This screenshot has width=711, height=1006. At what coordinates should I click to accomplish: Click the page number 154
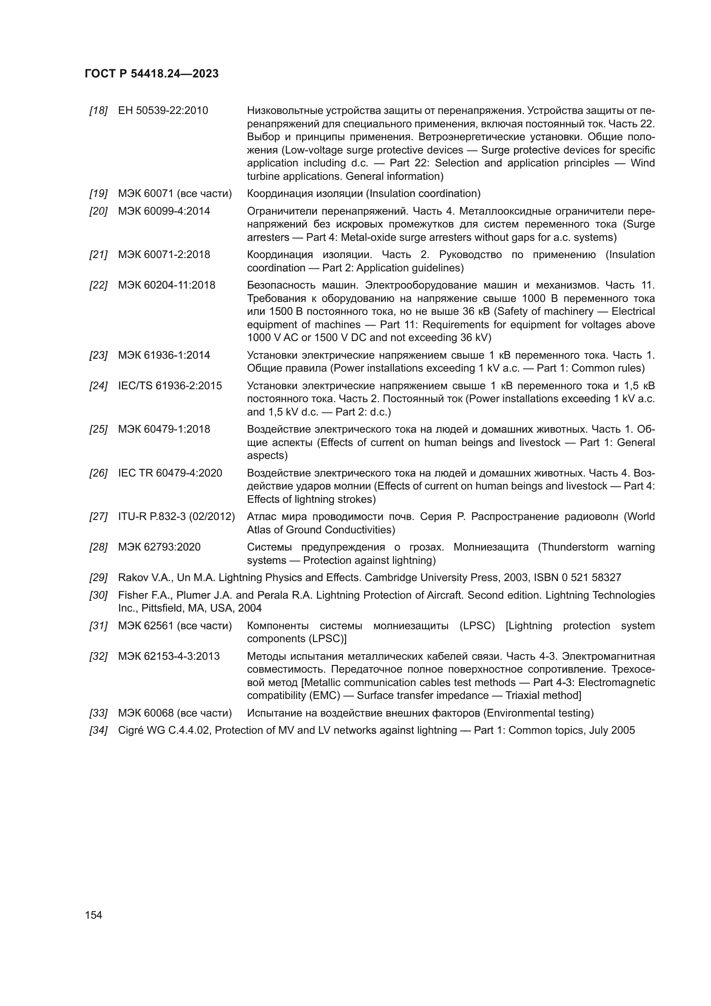93,915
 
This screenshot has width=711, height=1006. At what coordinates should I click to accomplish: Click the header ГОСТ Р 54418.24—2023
151,74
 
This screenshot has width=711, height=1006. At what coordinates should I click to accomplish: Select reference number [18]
98,111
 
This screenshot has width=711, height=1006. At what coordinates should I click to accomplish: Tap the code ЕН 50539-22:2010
163,111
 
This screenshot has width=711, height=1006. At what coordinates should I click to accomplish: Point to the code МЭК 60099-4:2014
164,211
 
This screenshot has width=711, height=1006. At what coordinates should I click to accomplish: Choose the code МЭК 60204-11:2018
166,285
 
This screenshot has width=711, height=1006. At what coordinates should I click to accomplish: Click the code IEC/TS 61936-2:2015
170,385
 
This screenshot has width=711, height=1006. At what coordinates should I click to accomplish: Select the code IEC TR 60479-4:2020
170,473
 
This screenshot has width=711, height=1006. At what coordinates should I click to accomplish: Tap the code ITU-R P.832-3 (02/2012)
176,517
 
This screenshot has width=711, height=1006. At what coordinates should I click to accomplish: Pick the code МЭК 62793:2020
159,547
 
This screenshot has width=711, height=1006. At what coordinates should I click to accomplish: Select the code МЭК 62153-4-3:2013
169,656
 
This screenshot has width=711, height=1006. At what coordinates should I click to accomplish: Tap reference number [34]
98,730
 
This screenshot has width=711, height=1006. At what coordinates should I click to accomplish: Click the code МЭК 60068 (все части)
175,713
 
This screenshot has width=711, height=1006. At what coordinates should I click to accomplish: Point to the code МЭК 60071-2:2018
164,255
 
